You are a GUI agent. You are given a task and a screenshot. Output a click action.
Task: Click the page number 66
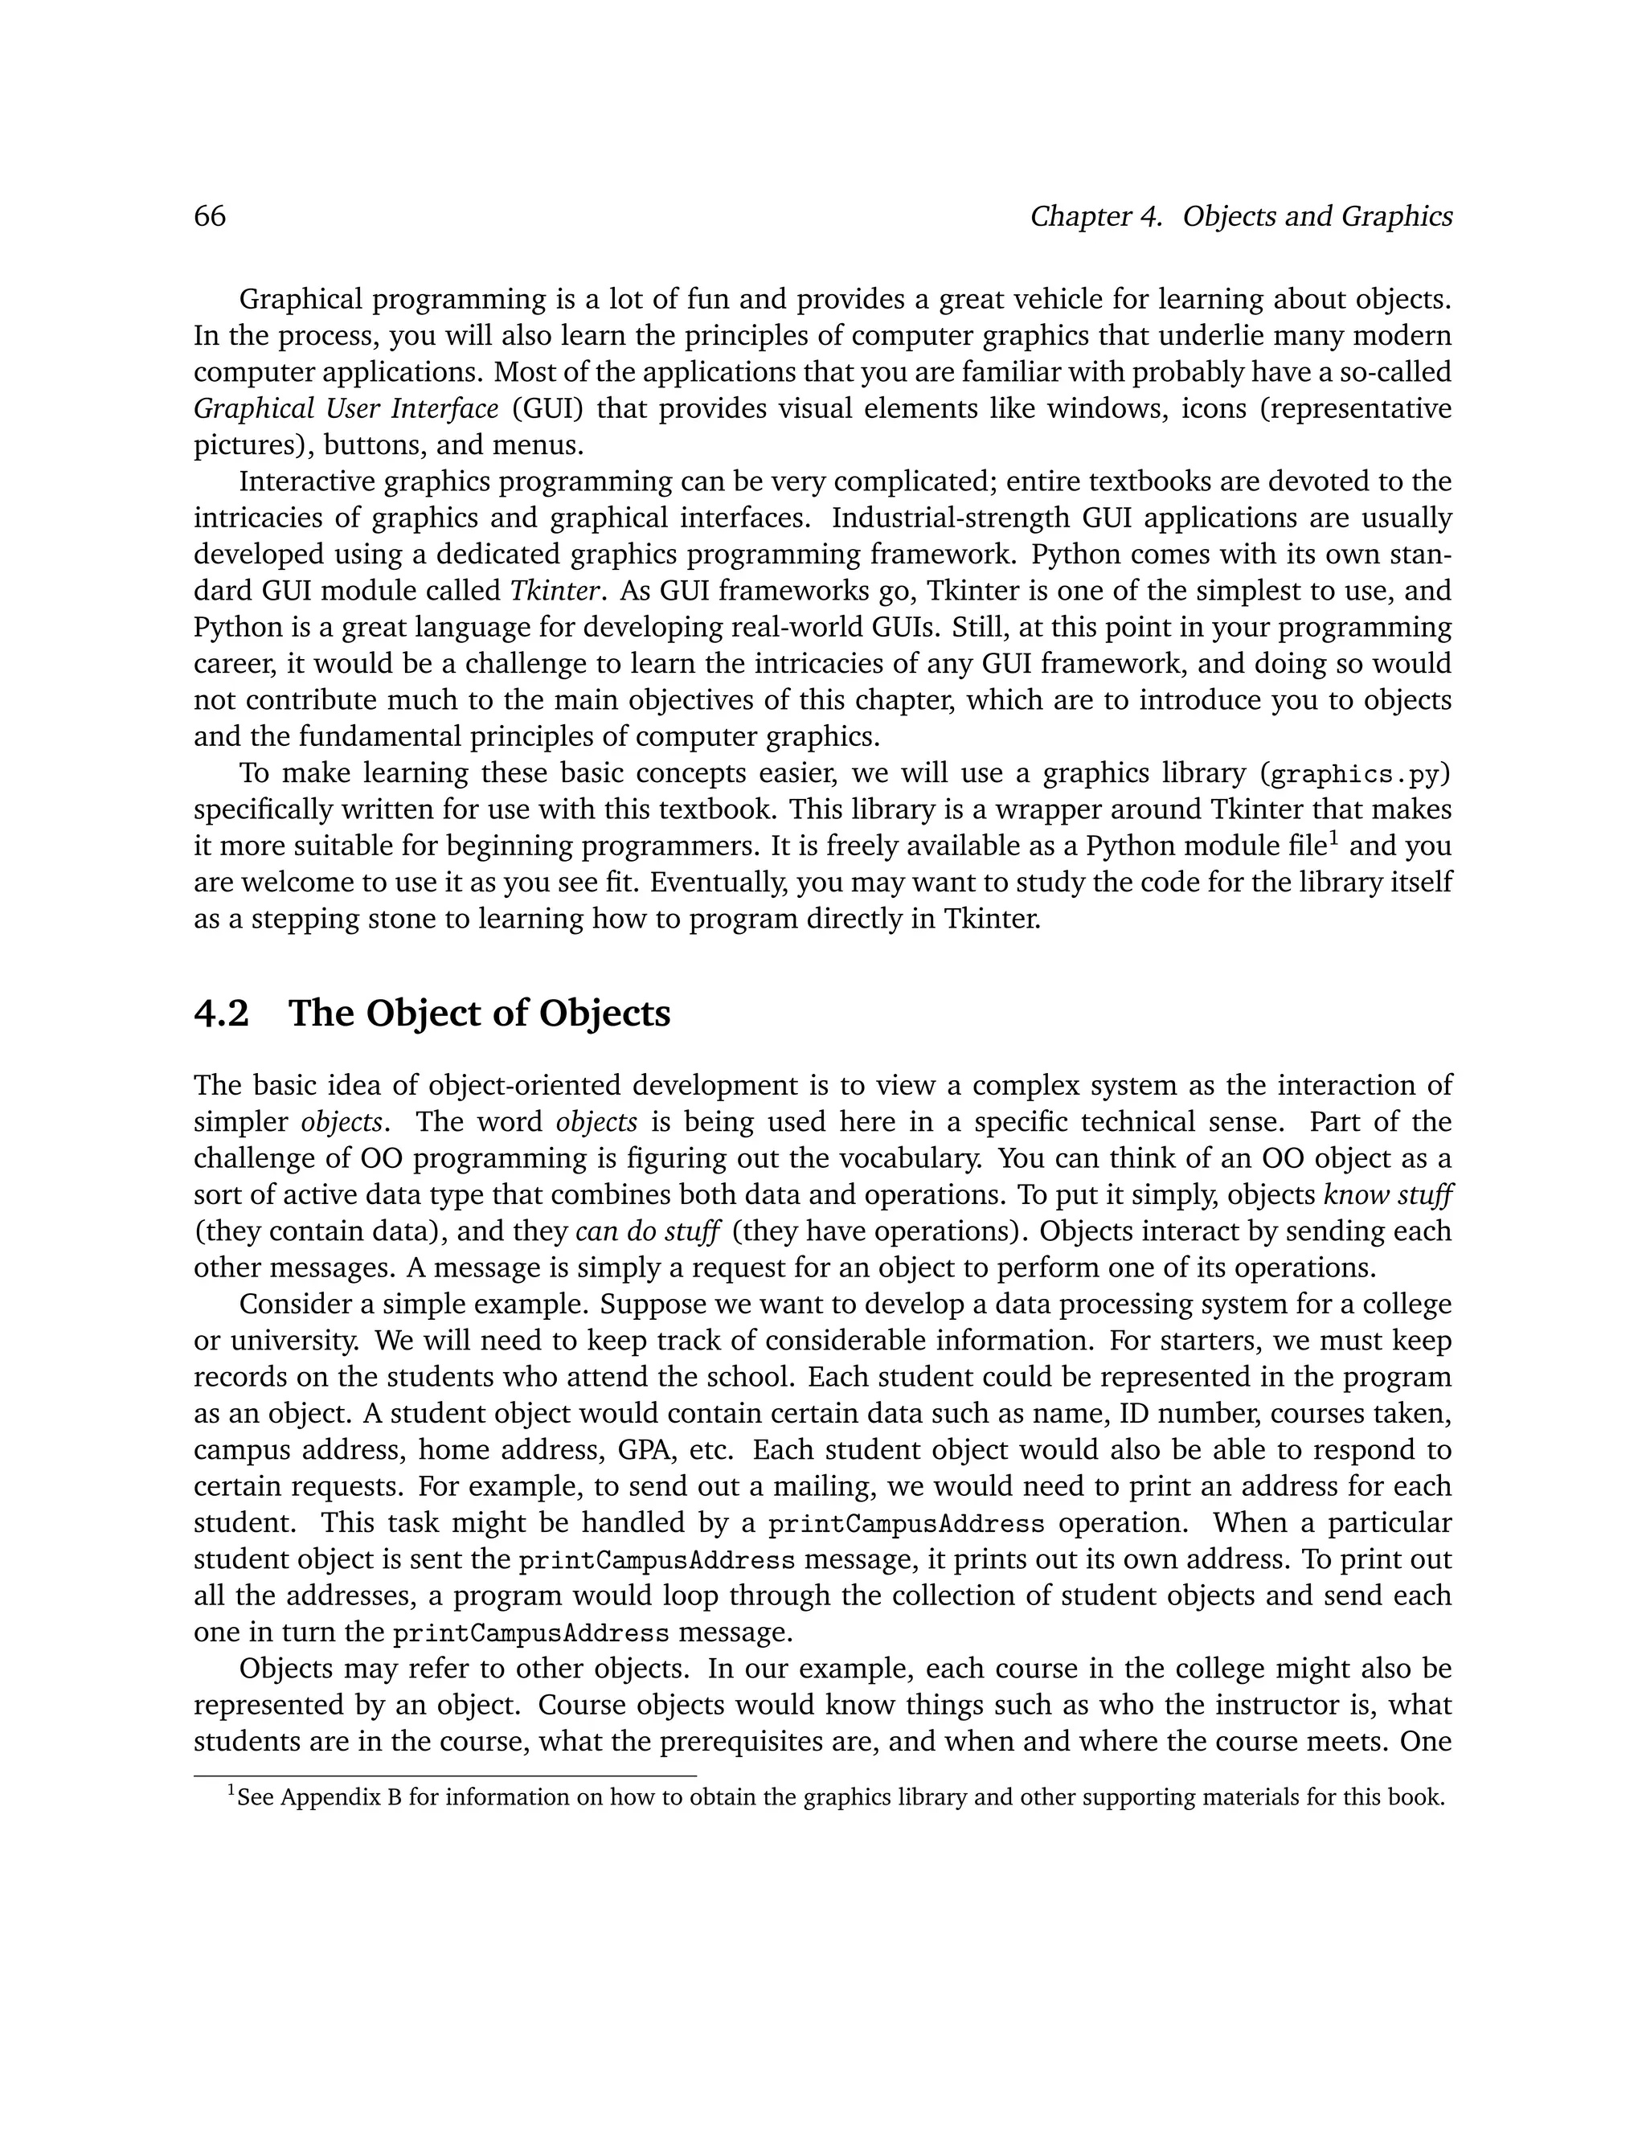pos(210,215)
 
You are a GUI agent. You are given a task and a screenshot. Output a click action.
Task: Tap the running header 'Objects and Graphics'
pos(1317,215)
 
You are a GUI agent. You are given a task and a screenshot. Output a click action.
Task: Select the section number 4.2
pos(221,1014)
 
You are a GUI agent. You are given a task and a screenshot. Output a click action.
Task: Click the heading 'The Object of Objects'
pos(479,1014)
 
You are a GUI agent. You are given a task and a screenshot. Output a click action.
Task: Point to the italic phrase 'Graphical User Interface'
pos(346,408)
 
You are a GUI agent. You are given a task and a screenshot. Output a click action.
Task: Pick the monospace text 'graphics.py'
pos(1354,774)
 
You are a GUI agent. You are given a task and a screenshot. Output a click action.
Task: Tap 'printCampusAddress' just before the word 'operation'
pos(906,1523)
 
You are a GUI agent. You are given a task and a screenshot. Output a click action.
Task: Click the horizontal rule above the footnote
pos(444,1776)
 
